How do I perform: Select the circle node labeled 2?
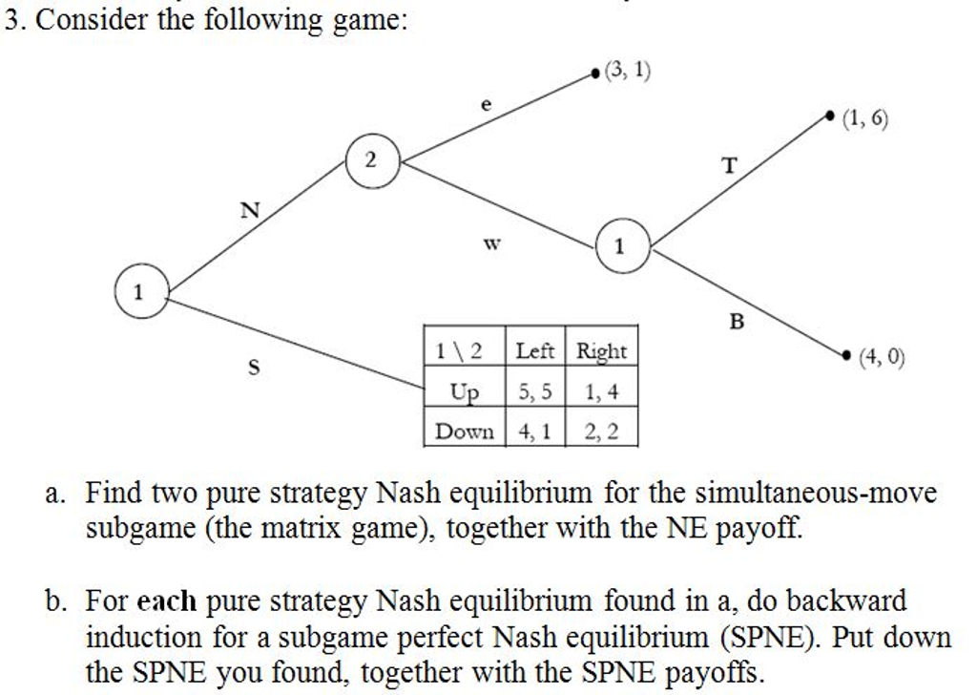click(371, 159)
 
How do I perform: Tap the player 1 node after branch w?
click(621, 246)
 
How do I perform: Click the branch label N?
click(249, 211)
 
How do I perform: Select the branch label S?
click(255, 366)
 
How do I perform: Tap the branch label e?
click(486, 107)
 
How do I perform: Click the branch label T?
click(730, 166)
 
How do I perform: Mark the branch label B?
click(736, 323)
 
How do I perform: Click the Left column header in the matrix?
click(534, 351)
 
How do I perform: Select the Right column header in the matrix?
click(601, 351)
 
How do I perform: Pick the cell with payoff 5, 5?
click(534, 391)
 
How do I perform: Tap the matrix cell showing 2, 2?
click(601, 432)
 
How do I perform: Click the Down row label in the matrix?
click(464, 432)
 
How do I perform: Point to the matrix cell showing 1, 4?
click(601, 391)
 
